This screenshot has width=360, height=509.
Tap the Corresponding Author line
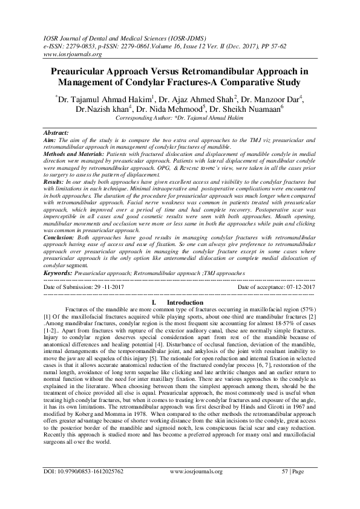pos(180,118)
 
